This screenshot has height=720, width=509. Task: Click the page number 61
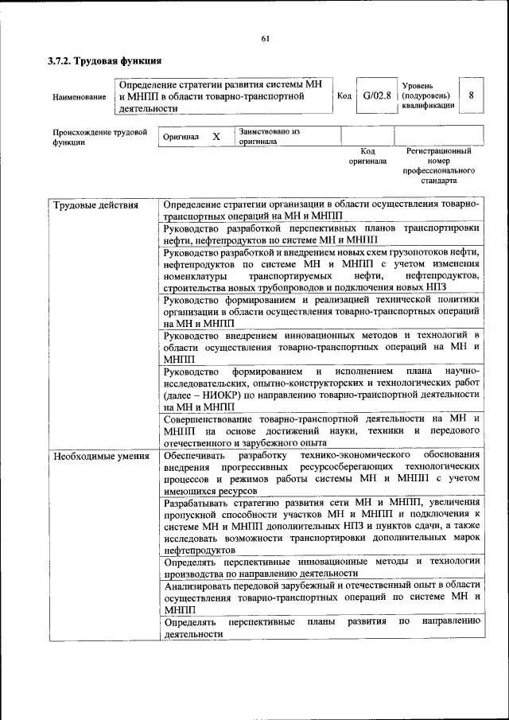coord(266,39)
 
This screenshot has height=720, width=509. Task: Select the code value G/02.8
coord(376,96)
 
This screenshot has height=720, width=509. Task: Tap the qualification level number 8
coord(471,95)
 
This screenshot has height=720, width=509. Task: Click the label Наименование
coord(79,97)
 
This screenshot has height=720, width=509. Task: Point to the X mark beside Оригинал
coord(216,137)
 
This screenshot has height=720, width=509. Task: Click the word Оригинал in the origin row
coord(181,137)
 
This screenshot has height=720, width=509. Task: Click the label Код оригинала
coord(367,155)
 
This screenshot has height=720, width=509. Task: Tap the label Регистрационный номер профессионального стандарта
coord(438,165)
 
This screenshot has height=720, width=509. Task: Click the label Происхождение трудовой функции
coord(100,137)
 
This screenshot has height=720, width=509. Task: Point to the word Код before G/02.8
coord(344,96)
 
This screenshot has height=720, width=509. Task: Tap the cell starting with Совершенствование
coord(321,430)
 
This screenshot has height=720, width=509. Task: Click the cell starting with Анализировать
coord(321,596)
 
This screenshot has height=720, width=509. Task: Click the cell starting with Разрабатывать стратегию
coord(321,526)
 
